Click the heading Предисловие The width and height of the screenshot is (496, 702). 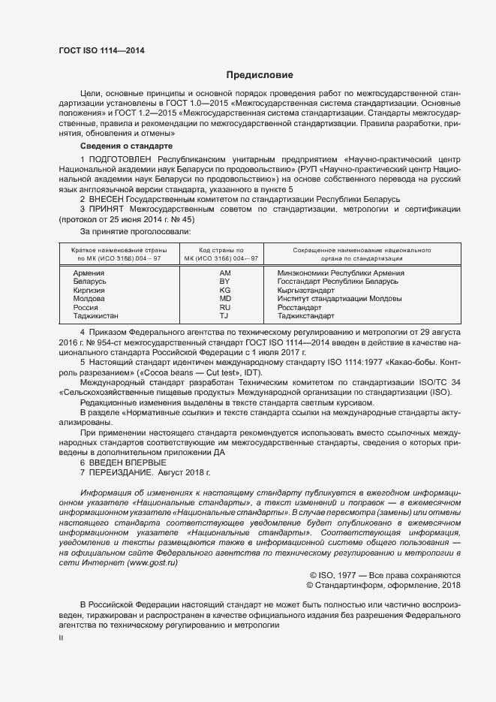point(260,75)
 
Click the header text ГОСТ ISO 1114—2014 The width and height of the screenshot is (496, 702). point(101,50)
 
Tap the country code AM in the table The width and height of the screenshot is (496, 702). point(225,273)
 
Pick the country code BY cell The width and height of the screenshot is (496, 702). point(225,281)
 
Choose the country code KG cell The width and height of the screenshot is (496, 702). point(225,290)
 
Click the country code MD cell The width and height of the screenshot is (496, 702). point(225,299)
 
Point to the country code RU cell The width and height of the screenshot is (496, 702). point(225,308)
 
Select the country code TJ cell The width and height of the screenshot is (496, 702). point(225,317)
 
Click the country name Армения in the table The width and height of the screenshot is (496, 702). point(89,273)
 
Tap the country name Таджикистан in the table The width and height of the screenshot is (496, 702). point(96,317)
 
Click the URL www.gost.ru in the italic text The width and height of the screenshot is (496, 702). point(148,562)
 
